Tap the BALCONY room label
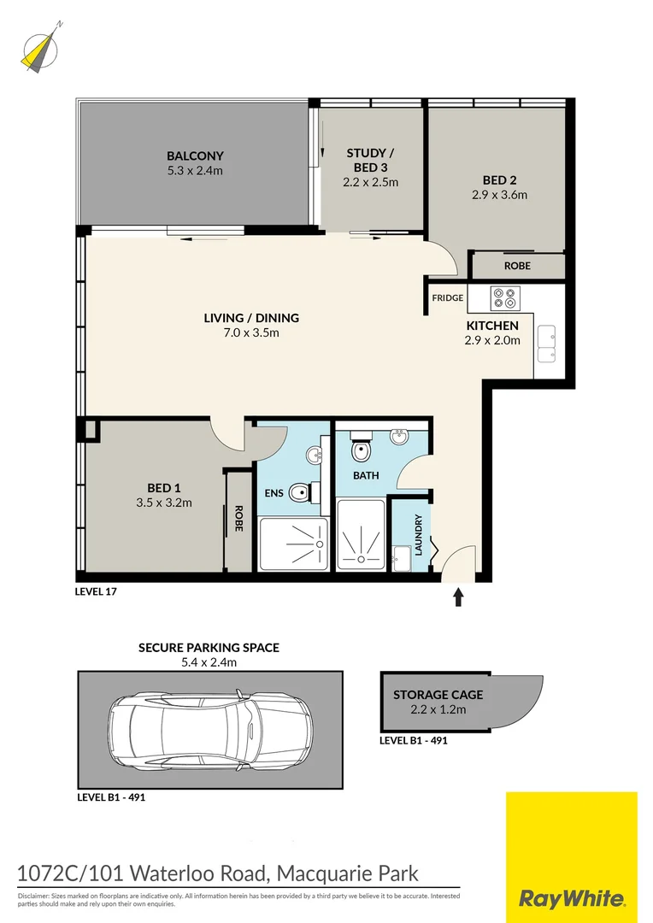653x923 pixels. pyautogui.click(x=195, y=156)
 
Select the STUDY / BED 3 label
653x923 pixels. pyautogui.click(x=371, y=160)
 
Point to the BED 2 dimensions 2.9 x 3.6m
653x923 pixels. pyautogui.click(x=499, y=195)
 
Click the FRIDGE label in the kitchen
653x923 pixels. pyautogui.click(x=448, y=297)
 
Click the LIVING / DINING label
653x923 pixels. pyautogui.click(x=251, y=318)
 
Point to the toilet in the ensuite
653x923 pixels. pyautogui.click(x=302, y=493)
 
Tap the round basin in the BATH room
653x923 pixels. pyautogui.click(x=399, y=438)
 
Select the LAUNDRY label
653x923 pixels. pyautogui.click(x=419, y=535)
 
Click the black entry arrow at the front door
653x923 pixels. pyautogui.click(x=459, y=597)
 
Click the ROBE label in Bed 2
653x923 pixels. pyautogui.click(x=517, y=266)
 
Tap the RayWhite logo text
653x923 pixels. pyautogui.click(x=572, y=898)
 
